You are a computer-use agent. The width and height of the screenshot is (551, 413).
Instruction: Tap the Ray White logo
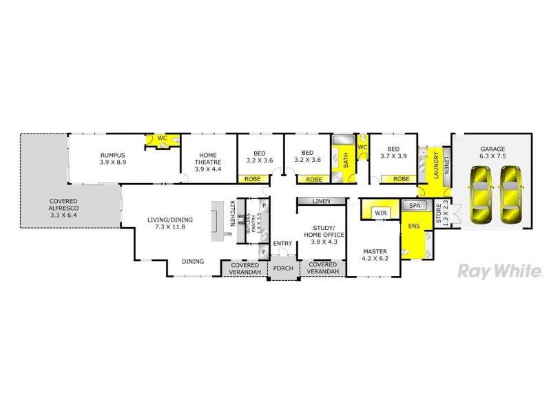pos(499,271)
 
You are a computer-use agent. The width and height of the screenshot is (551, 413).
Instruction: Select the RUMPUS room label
pos(112,155)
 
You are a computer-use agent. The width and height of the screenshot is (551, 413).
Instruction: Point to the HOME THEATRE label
pos(208,158)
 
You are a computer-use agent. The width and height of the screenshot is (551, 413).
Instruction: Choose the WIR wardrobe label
pos(380,214)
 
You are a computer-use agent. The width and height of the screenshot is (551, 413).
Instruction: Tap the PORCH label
pos(283,268)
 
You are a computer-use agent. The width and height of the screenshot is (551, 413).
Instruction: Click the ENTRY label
pos(282,244)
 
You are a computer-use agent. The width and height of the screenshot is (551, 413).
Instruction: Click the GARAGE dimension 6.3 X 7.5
pos(492,156)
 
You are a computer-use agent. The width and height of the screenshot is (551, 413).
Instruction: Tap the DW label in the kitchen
pos(227,234)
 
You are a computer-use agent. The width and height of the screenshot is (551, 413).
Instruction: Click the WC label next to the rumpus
pos(162,138)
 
